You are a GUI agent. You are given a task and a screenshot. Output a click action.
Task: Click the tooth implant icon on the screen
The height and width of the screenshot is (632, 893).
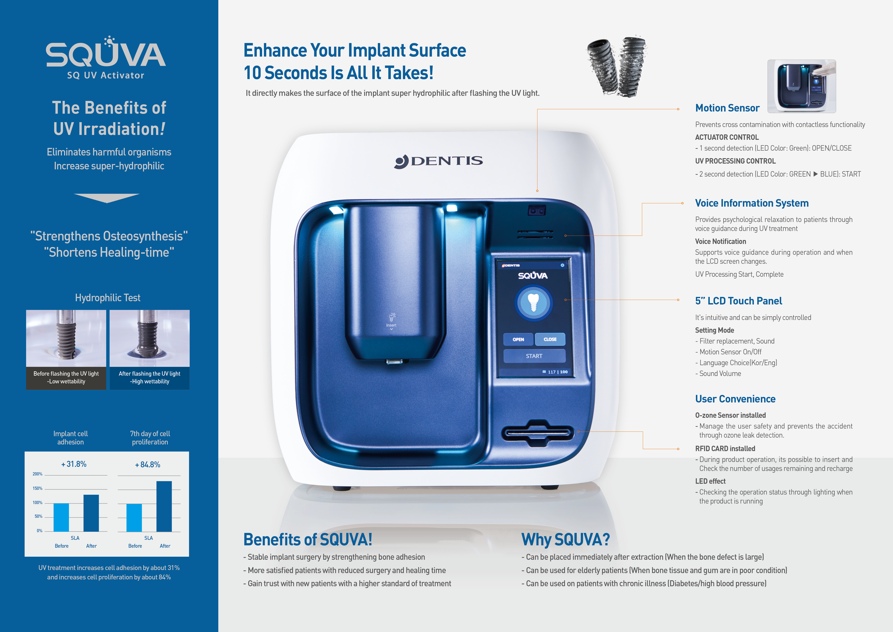click(x=534, y=303)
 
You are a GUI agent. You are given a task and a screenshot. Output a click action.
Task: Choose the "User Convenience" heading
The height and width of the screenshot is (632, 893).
click(x=735, y=399)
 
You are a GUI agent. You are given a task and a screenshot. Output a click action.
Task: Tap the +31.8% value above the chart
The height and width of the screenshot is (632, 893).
click(x=74, y=464)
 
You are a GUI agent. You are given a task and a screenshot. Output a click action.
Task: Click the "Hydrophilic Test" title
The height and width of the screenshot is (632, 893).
click(x=108, y=298)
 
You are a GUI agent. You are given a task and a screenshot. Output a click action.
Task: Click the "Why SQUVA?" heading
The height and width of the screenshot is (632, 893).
click(x=566, y=539)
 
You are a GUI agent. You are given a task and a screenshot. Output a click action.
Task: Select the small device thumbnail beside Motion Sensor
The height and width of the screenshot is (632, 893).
click(x=802, y=86)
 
